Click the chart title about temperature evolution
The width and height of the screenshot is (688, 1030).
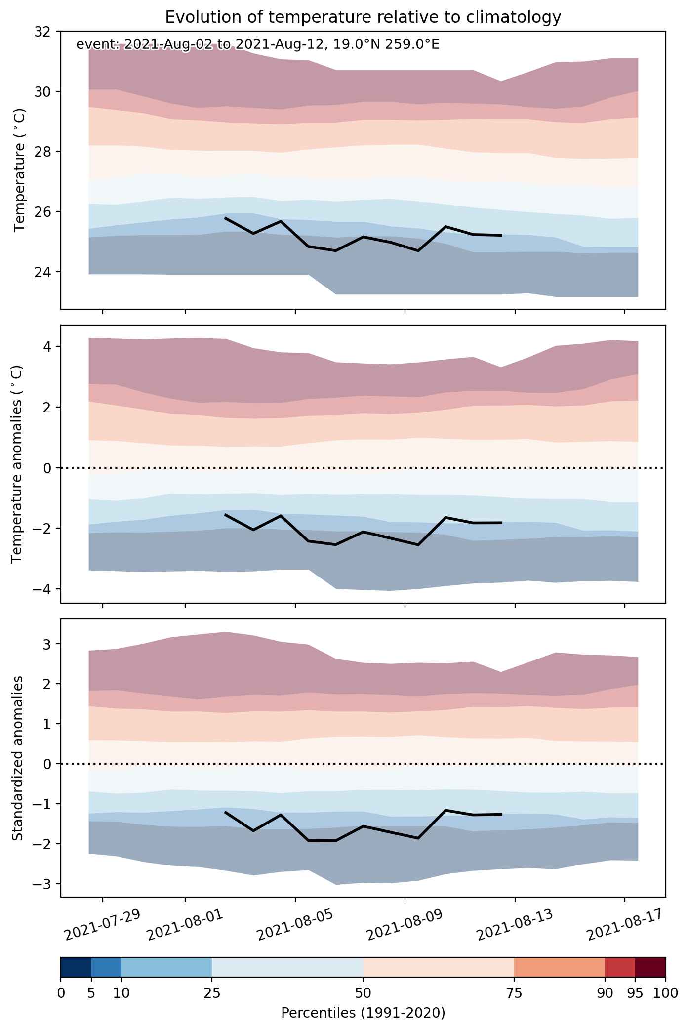[363, 17]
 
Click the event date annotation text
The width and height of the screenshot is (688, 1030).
[258, 45]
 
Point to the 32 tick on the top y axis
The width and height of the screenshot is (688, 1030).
[43, 32]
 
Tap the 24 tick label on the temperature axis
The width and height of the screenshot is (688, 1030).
[43, 272]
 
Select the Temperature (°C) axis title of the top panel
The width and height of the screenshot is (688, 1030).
[19, 170]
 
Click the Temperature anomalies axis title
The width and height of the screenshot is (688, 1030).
[17, 464]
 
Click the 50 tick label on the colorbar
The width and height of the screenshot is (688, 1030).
[363, 993]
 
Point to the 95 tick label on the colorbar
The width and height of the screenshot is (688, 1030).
[635, 993]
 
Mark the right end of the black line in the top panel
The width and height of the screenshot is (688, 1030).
[501, 235]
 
